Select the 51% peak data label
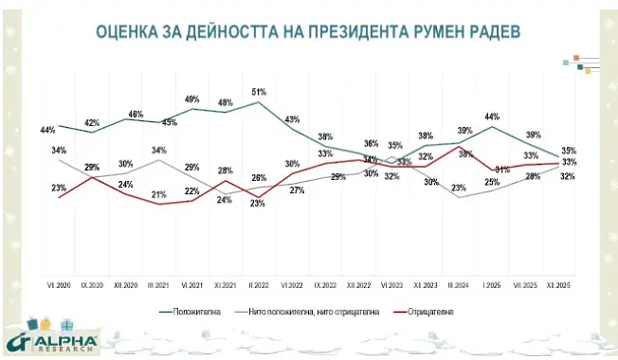pos(258,92)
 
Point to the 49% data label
pos(191,99)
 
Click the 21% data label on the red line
pos(159,195)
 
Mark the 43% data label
pos(292,119)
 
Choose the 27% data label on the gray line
pos(296,190)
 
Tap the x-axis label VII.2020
pos(59,284)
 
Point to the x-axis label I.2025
pos(492,284)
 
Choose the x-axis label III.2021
pos(158,284)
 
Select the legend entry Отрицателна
pos(432,311)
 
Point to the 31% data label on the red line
pos(504,170)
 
